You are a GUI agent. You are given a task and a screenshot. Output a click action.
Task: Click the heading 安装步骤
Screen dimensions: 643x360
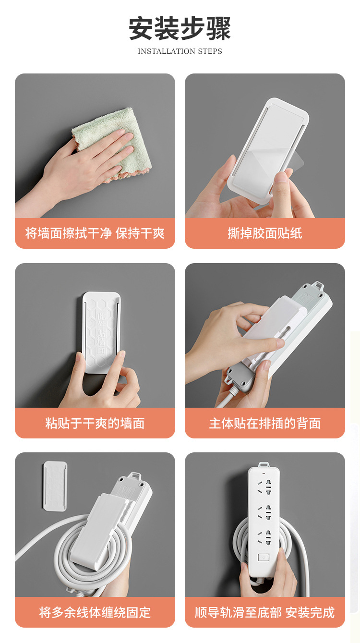coord(180,28)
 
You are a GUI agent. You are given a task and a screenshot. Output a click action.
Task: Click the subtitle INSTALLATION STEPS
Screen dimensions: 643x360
coord(180,51)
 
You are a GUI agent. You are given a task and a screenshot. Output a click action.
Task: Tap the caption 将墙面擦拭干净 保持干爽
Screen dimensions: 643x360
coord(95,233)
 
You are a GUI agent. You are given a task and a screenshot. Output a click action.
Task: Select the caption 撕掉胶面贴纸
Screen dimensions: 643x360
coord(265,233)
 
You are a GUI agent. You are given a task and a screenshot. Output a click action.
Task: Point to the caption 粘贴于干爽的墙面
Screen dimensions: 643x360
coord(95,423)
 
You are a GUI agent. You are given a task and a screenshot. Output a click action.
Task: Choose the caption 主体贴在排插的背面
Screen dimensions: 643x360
coord(265,423)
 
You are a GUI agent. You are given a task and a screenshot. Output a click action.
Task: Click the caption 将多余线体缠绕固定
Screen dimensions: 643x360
coord(95,612)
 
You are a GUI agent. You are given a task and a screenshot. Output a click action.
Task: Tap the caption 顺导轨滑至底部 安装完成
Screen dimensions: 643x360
coord(265,612)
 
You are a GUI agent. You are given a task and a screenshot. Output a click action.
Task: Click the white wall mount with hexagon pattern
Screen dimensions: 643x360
coord(101,331)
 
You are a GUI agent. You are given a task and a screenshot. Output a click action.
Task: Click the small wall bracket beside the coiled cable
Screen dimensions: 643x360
coord(55,486)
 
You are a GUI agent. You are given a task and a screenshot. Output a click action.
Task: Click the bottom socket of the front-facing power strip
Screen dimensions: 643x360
coord(263,537)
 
